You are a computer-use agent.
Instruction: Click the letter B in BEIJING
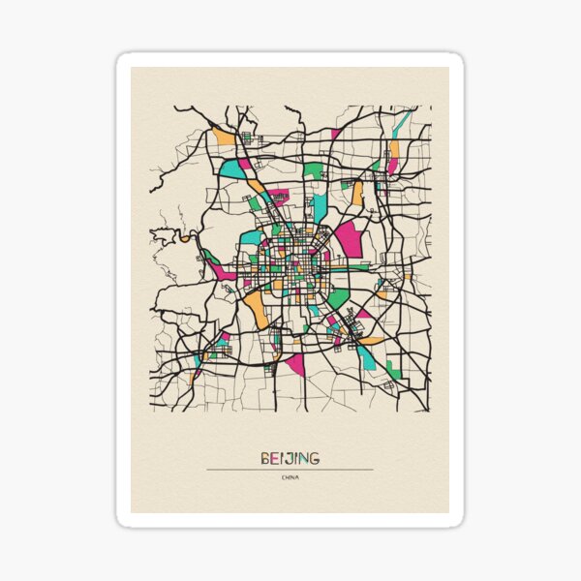(264, 458)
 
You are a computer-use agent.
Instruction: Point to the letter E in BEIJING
(274, 458)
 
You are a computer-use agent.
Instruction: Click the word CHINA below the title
(290, 477)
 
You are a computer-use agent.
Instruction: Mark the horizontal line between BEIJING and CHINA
(290, 470)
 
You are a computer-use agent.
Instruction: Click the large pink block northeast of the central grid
(349, 238)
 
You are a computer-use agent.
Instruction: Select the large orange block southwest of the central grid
(256, 307)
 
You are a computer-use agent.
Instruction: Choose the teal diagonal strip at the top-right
(403, 122)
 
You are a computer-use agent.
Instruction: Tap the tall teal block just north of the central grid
(320, 206)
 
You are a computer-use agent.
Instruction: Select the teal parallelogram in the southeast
(367, 357)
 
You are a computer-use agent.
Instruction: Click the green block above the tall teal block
(313, 170)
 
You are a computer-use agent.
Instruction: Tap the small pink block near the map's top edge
(335, 134)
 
